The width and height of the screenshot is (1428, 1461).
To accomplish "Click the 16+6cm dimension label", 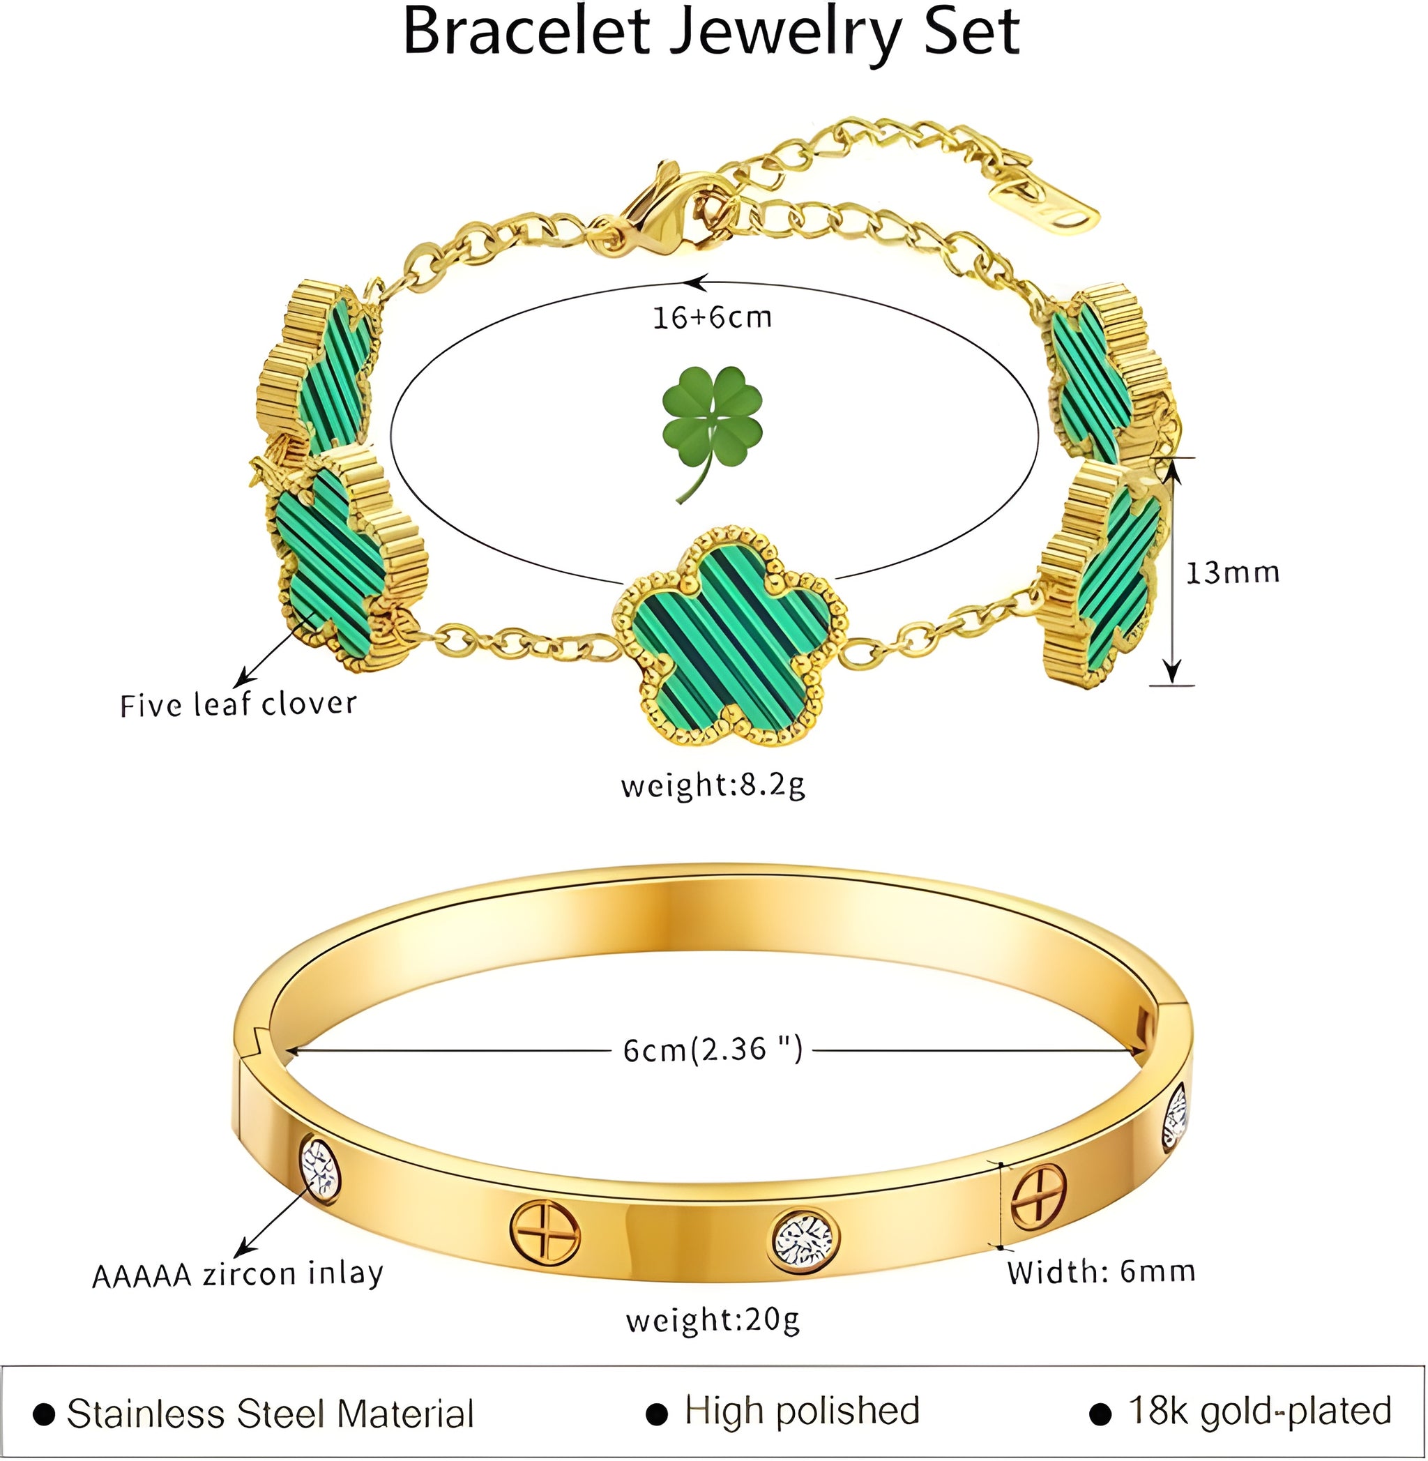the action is [x=712, y=318].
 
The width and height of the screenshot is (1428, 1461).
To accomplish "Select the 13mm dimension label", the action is [x=1232, y=573].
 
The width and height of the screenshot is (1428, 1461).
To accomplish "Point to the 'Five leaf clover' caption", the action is [x=238, y=705].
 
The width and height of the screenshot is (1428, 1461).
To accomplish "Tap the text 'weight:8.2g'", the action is [x=713, y=786].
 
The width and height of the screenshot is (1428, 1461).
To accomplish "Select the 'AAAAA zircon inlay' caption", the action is [x=238, y=1274].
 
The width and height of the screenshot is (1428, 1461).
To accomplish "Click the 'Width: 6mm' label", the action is [x=1101, y=1272].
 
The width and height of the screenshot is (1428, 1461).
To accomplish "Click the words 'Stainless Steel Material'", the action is [x=270, y=1413].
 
